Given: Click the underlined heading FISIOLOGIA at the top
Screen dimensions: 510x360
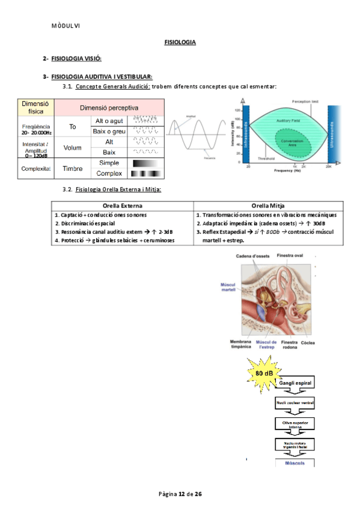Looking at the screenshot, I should (x=180, y=42).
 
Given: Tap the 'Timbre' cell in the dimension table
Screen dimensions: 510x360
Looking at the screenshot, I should (x=73, y=168).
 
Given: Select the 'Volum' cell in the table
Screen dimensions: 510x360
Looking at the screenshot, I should (x=73, y=147).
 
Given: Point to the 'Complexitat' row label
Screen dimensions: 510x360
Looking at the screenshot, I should (x=34, y=168).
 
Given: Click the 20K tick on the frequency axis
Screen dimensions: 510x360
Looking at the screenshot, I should (x=328, y=165).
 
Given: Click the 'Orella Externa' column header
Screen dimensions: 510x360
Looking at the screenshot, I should (x=123, y=205).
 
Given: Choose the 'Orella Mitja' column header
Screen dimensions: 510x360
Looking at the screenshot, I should (x=268, y=205).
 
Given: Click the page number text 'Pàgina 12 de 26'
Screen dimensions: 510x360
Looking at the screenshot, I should (x=180, y=494).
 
